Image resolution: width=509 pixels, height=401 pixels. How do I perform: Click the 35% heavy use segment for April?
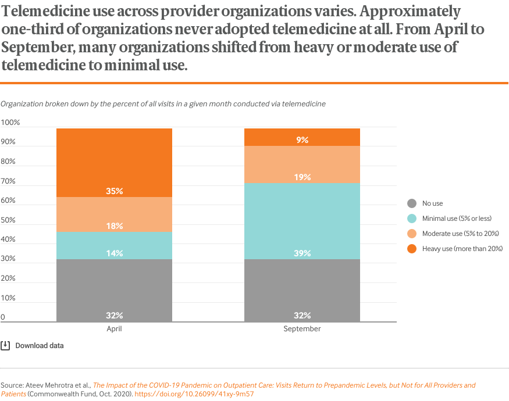(114, 163)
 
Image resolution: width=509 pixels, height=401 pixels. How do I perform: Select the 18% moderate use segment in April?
(114, 214)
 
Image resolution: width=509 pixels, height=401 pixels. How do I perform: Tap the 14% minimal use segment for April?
(114, 246)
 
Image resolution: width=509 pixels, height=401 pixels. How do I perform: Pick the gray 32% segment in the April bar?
(114, 291)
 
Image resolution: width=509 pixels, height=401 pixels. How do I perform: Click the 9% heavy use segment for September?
(302, 137)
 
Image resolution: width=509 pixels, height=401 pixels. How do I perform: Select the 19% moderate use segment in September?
(302, 164)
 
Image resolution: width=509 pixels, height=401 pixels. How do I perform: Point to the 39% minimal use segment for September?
(302, 221)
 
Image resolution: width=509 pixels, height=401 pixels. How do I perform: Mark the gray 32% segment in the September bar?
(302, 291)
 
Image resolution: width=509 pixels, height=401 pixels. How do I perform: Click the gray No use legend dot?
(412, 203)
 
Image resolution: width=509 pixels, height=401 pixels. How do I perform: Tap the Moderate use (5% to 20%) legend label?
(461, 234)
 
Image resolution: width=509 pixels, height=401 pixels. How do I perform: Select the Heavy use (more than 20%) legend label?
(462, 249)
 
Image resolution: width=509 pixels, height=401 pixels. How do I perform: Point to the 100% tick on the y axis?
(10, 123)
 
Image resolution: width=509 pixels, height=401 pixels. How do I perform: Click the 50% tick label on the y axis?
(9, 220)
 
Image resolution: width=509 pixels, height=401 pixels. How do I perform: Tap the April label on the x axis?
(114, 329)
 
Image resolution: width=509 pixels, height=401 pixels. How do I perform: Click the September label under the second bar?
(302, 329)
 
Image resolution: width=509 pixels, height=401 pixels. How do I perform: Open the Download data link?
(39, 346)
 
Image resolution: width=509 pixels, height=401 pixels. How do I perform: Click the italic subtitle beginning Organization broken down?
(163, 104)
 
